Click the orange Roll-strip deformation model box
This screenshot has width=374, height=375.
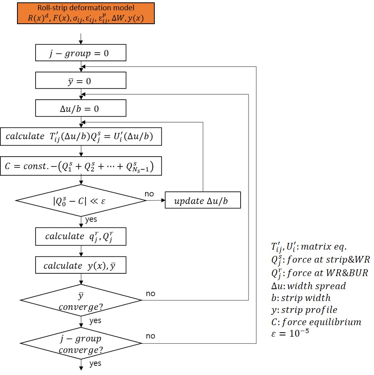[x=85, y=13]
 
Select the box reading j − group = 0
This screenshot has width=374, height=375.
[x=81, y=53]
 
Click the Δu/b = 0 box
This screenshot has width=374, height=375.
[x=81, y=108]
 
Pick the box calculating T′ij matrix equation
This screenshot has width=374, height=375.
[x=81, y=136]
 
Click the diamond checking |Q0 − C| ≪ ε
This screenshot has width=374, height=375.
[x=81, y=201]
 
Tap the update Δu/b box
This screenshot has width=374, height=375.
[x=202, y=201]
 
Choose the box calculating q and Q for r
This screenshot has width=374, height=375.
[x=81, y=236]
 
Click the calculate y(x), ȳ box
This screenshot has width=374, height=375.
[x=81, y=265]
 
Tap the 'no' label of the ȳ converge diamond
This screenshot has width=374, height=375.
[x=150, y=294]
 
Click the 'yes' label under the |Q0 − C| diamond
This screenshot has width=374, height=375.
[x=91, y=219]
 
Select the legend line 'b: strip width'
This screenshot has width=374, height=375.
[x=298, y=297]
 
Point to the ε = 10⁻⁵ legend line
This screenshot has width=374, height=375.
[x=288, y=333]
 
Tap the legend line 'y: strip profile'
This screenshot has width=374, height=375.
[x=301, y=309]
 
